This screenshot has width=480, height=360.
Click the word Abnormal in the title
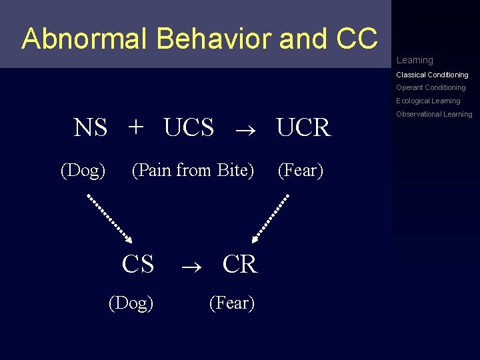coord(86,39)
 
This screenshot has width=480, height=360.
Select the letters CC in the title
coord(357,39)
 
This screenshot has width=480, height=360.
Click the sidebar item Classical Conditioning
coord(432,75)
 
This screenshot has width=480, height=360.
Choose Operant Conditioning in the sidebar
coord(431,87)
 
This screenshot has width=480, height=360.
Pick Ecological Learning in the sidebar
coord(428,101)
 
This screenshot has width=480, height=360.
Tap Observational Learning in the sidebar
coord(434,114)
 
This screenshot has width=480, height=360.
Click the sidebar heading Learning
coord(415,60)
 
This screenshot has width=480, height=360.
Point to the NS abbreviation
coord(90,127)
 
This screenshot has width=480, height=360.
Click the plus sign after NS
coord(135,127)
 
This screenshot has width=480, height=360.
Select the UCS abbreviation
coord(189,127)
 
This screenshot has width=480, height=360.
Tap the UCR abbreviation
coord(303,127)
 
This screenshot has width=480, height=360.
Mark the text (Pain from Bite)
coord(193,171)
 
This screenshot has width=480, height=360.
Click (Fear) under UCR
coord(300,171)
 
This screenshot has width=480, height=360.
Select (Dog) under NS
coord(83,171)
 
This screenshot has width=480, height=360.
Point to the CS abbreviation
coord(138,264)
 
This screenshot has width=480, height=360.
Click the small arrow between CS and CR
coord(189,265)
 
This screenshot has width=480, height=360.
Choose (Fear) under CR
coord(231,303)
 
